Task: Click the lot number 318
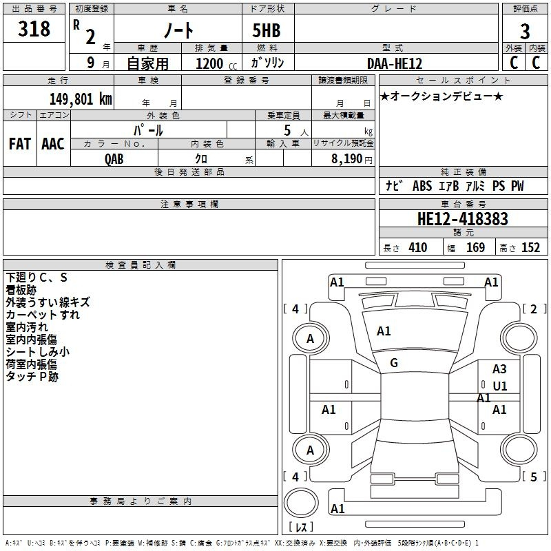(34, 29)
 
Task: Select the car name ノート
(178, 30)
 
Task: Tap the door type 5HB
(267, 30)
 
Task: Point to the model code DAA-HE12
(395, 63)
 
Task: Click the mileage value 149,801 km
(81, 98)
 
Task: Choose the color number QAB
(114, 159)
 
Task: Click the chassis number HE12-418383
(463, 219)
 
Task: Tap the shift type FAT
(20, 144)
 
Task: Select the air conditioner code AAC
(53, 144)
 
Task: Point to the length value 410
(418, 248)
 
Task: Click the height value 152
(530, 248)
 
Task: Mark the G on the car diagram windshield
(394, 363)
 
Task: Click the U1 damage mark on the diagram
(500, 386)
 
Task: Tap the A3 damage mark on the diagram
(499, 369)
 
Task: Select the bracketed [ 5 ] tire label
(534, 477)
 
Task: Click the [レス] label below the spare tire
(301, 526)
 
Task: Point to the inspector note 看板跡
(21, 290)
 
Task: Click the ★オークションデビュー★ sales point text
(441, 96)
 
